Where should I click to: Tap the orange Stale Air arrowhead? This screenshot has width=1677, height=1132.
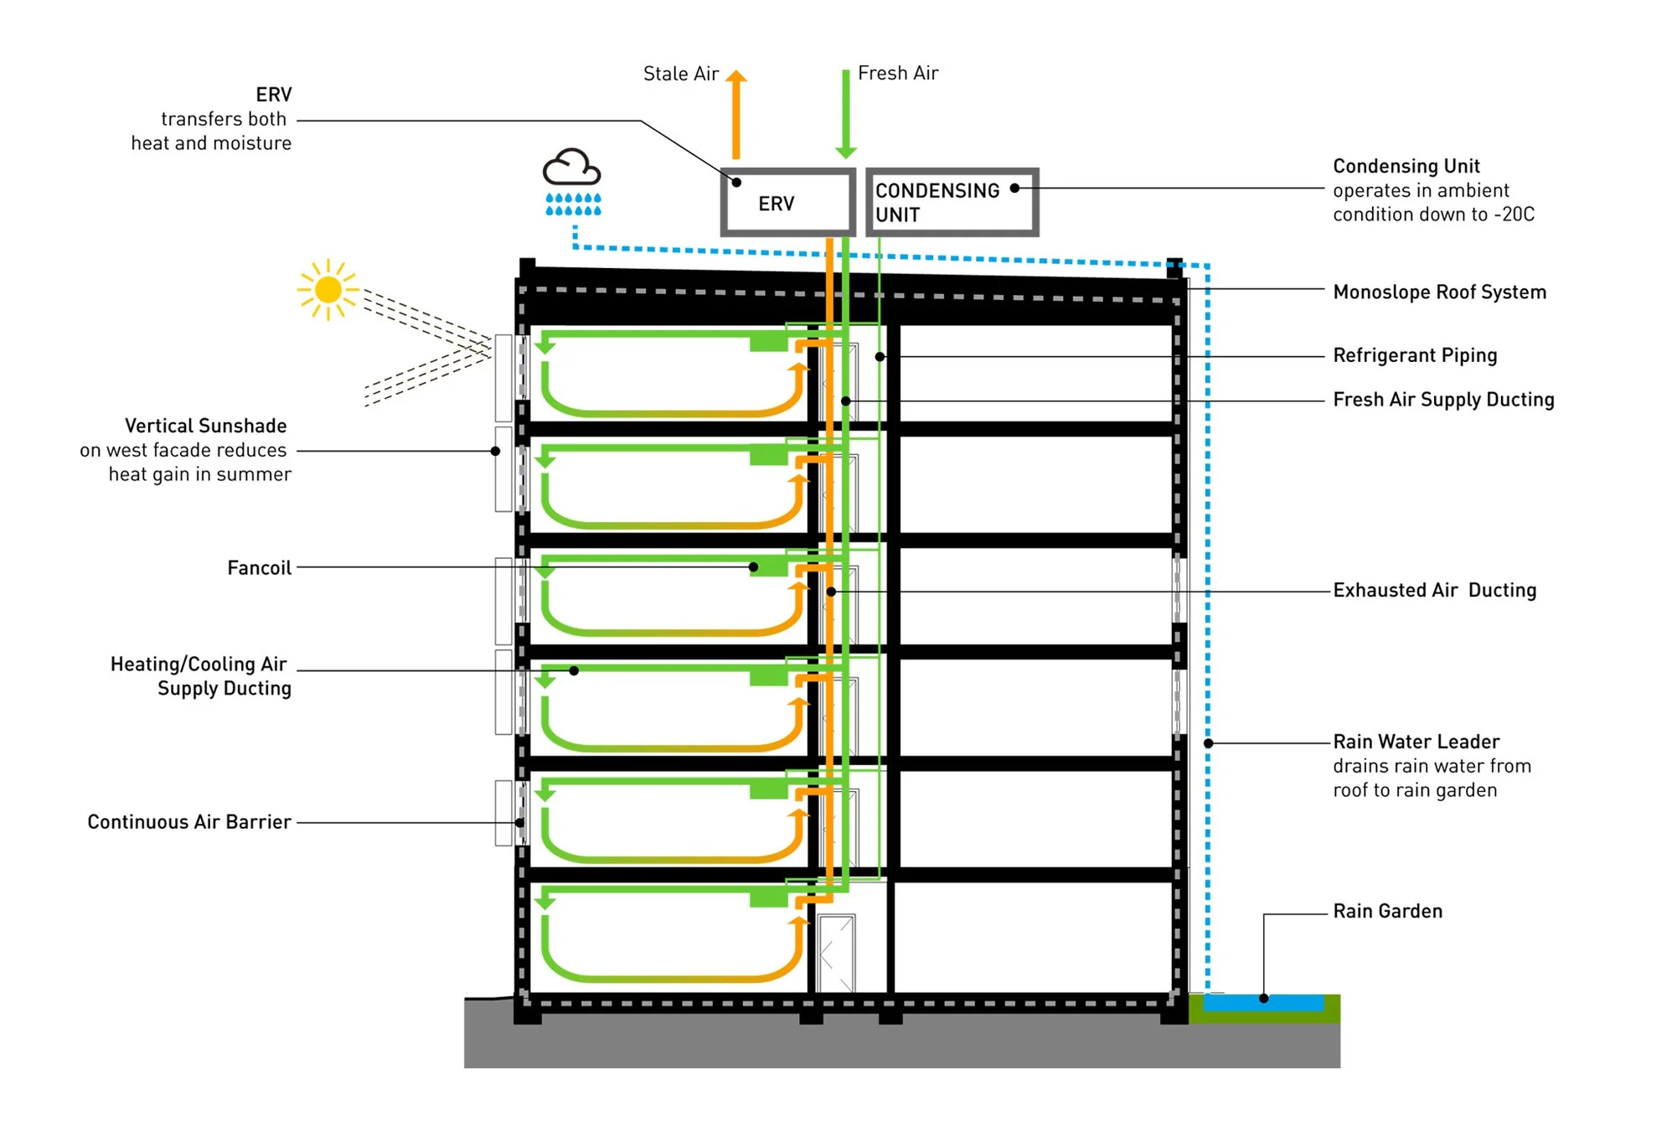[x=735, y=77]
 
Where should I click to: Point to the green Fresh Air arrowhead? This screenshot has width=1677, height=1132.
[x=846, y=152]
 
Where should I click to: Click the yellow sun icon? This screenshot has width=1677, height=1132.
[x=328, y=290]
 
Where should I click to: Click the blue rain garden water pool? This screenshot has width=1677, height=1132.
[x=1264, y=1002]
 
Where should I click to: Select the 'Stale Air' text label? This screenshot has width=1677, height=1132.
[x=681, y=74]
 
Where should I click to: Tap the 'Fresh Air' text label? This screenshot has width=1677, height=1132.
[x=898, y=73]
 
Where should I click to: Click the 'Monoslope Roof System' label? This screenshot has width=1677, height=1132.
[x=1439, y=292]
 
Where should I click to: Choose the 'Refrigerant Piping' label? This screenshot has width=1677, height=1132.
[x=1415, y=355]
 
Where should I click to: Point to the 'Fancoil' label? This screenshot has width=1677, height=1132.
[x=260, y=568]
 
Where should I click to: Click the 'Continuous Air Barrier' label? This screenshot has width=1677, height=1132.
[x=189, y=822]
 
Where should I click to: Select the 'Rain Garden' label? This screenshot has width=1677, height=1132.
[x=1388, y=911]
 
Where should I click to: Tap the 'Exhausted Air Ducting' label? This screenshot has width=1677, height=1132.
[x=1435, y=590]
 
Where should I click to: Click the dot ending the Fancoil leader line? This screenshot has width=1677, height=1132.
[x=754, y=567]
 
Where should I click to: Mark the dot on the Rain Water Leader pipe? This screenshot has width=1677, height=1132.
[x=1209, y=743]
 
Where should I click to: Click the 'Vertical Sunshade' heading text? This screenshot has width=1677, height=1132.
[x=206, y=426]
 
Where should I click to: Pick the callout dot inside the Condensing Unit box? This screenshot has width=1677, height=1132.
[x=1014, y=189]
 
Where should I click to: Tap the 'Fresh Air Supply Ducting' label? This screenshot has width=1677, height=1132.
[x=1443, y=400]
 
